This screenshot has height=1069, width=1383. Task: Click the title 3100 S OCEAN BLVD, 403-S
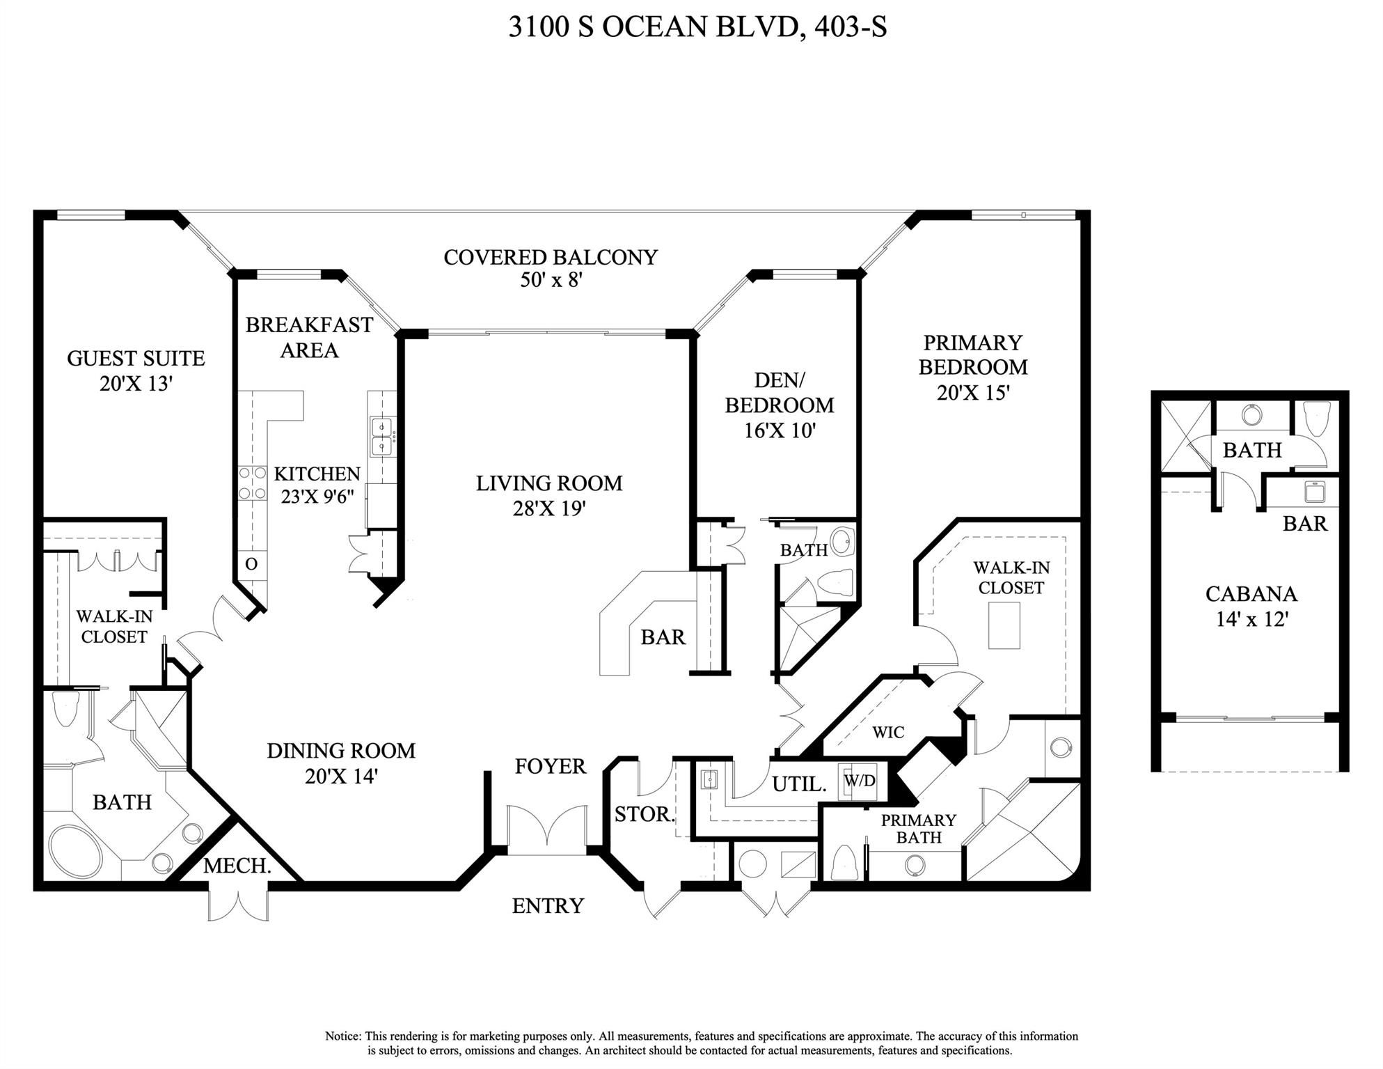697,27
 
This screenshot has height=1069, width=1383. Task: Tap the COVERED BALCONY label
551,257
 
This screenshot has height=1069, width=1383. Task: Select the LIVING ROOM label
549,483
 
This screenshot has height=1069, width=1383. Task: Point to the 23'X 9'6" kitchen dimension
317,497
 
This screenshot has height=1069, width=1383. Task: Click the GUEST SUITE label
136,358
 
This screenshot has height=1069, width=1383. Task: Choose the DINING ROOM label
341,750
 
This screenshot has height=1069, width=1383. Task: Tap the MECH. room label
237,866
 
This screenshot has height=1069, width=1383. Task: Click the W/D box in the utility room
860,781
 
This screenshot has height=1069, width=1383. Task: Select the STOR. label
645,813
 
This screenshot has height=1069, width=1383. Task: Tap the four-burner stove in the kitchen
253,483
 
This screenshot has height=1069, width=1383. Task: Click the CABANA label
1251,593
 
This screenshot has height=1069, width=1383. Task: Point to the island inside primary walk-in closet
1004,625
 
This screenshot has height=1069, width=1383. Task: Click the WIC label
888,732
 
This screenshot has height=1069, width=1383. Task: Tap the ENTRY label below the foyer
548,905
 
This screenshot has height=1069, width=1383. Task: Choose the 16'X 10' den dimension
780,430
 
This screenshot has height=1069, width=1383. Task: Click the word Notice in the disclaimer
343,1036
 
